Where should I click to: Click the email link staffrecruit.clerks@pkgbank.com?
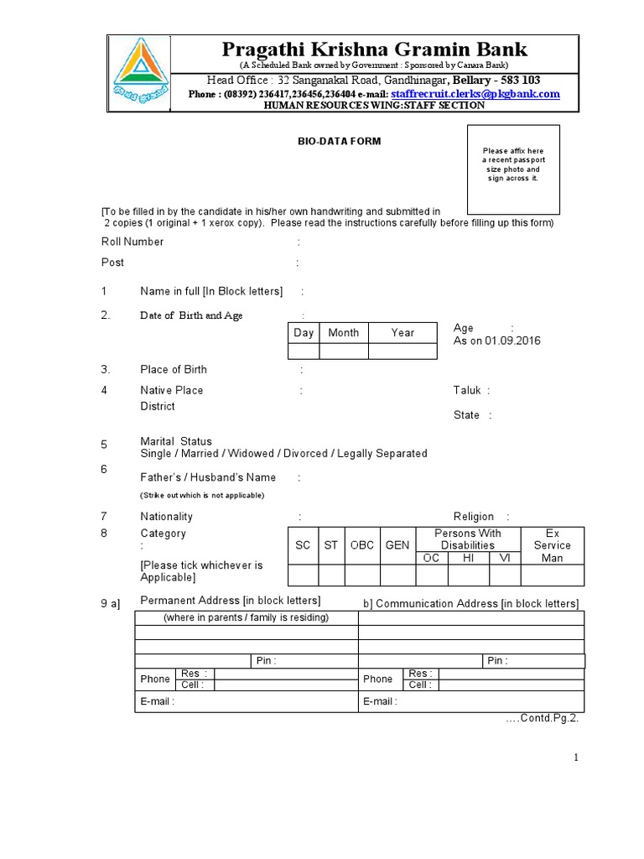point(475,94)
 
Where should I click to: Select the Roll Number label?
point(132,242)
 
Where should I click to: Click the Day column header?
point(304,333)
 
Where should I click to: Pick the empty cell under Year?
point(402,351)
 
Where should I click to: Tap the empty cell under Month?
point(343,351)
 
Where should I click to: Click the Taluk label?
point(467,390)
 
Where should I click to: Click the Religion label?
point(474,517)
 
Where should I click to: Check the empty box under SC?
point(303,575)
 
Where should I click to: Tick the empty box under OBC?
point(362,575)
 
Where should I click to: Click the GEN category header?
point(397,545)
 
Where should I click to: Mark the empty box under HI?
point(468,575)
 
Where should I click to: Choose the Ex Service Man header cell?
point(553,545)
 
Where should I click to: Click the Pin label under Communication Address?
point(496,661)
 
